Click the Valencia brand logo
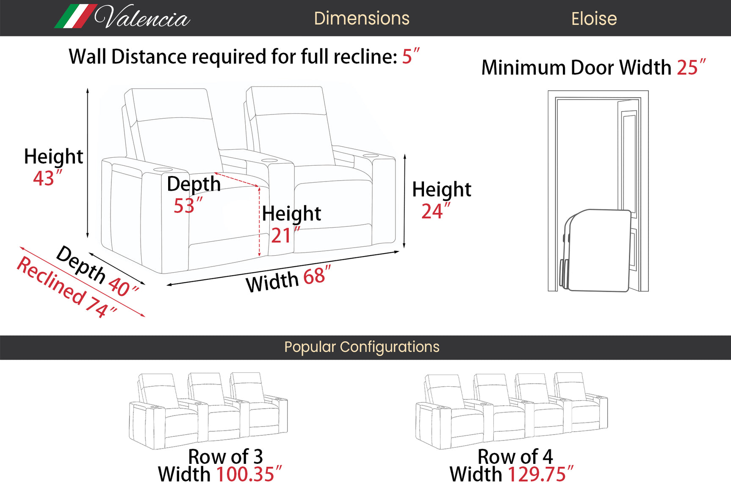[122, 17]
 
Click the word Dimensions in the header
[362, 18]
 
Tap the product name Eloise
[594, 19]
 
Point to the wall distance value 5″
[410, 56]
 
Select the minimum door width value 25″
[691, 67]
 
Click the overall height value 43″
[47, 178]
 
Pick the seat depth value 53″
[188, 205]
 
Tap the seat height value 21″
[285, 235]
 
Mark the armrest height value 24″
[435, 211]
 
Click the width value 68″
[317, 276]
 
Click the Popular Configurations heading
[362, 347]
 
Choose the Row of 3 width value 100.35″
[249, 474]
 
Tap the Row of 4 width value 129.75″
[540, 474]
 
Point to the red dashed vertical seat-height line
[259, 221]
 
